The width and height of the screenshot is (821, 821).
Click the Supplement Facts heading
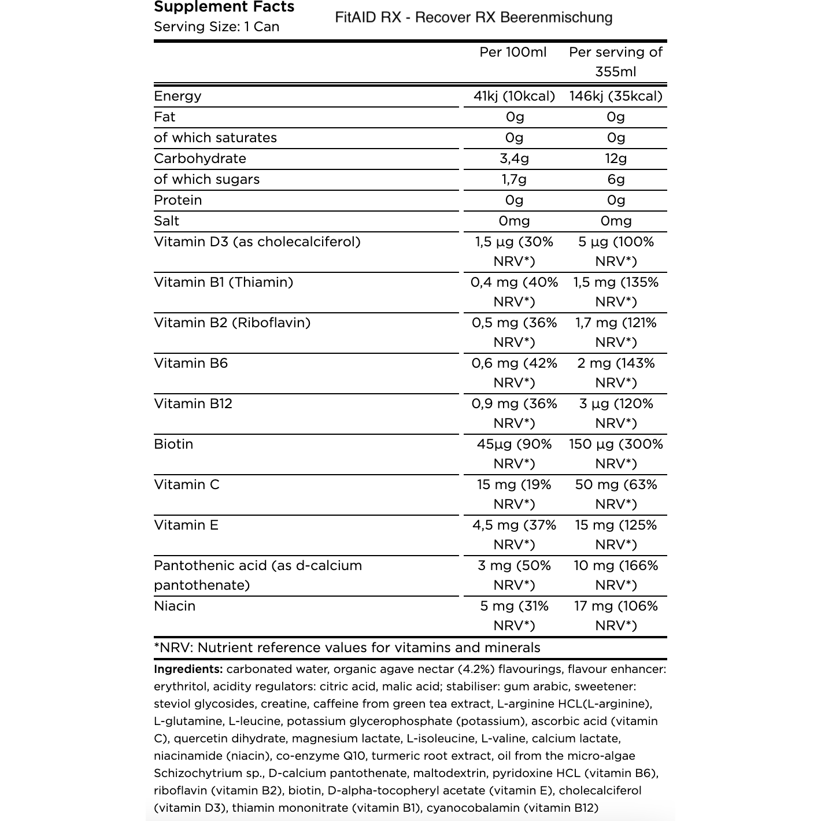(224, 7)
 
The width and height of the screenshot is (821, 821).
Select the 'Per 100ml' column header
(513, 53)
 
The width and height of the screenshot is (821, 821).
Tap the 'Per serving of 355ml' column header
(616, 62)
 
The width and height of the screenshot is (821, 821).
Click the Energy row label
(177, 97)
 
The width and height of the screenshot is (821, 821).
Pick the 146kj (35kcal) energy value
(616, 97)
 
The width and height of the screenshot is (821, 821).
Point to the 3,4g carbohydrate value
(514, 159)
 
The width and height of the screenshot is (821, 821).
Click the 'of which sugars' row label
(206, 180)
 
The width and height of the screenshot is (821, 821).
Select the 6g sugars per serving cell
(616, 180)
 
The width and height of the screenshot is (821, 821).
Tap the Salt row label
(167, 221)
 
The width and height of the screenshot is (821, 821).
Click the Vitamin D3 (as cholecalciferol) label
(257, 242)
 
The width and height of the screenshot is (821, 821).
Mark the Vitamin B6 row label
(191, 364)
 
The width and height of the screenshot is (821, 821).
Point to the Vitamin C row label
(187, 485)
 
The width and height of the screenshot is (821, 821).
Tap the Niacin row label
(175, 606)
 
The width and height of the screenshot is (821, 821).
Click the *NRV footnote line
(347, 648)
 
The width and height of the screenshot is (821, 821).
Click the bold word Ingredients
(188, 670)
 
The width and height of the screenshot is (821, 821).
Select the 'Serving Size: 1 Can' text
(216, 27)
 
